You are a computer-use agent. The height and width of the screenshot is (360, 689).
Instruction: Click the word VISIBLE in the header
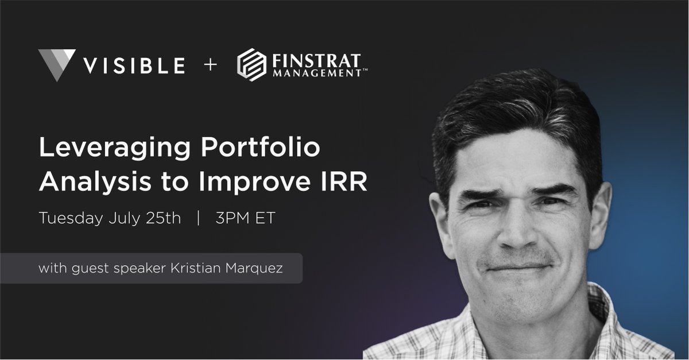134,65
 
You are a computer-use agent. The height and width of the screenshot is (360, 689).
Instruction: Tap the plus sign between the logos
210,65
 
